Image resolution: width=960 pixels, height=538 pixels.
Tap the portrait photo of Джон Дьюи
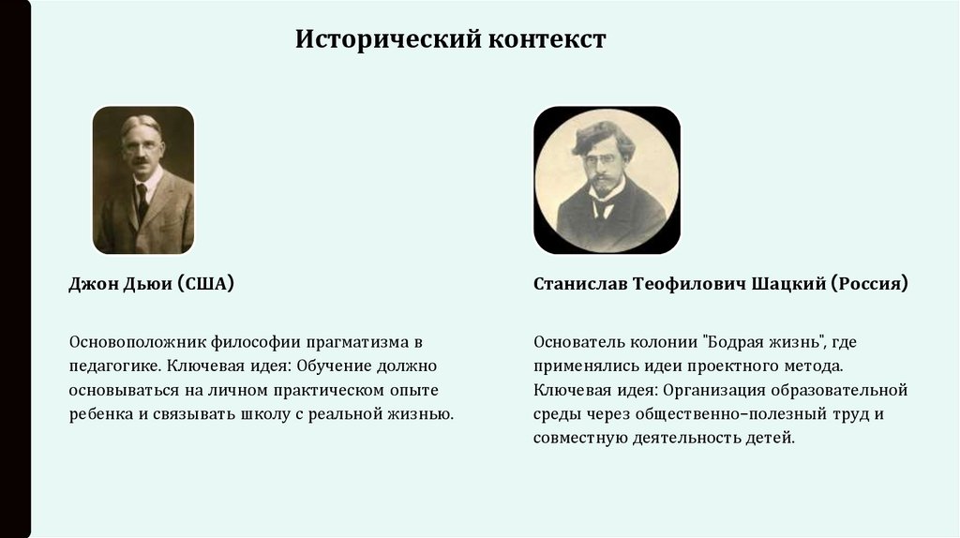tap(143, 180)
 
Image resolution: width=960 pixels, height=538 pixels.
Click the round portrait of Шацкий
tap(607, 180)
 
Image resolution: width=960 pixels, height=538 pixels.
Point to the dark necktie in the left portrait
tap(142, 201)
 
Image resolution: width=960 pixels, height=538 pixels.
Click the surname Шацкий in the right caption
tap(787, 284)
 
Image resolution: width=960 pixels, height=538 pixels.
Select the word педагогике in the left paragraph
tap(106, 366)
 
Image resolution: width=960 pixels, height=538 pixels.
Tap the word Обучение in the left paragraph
tap(333, 366)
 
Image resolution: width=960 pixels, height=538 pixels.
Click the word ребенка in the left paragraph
tap(99, 413)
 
